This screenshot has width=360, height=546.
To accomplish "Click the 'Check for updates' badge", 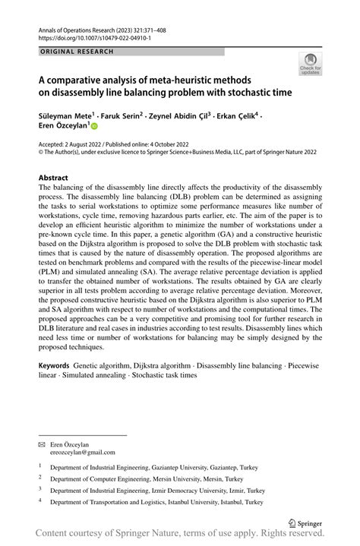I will (x=311, y=65).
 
